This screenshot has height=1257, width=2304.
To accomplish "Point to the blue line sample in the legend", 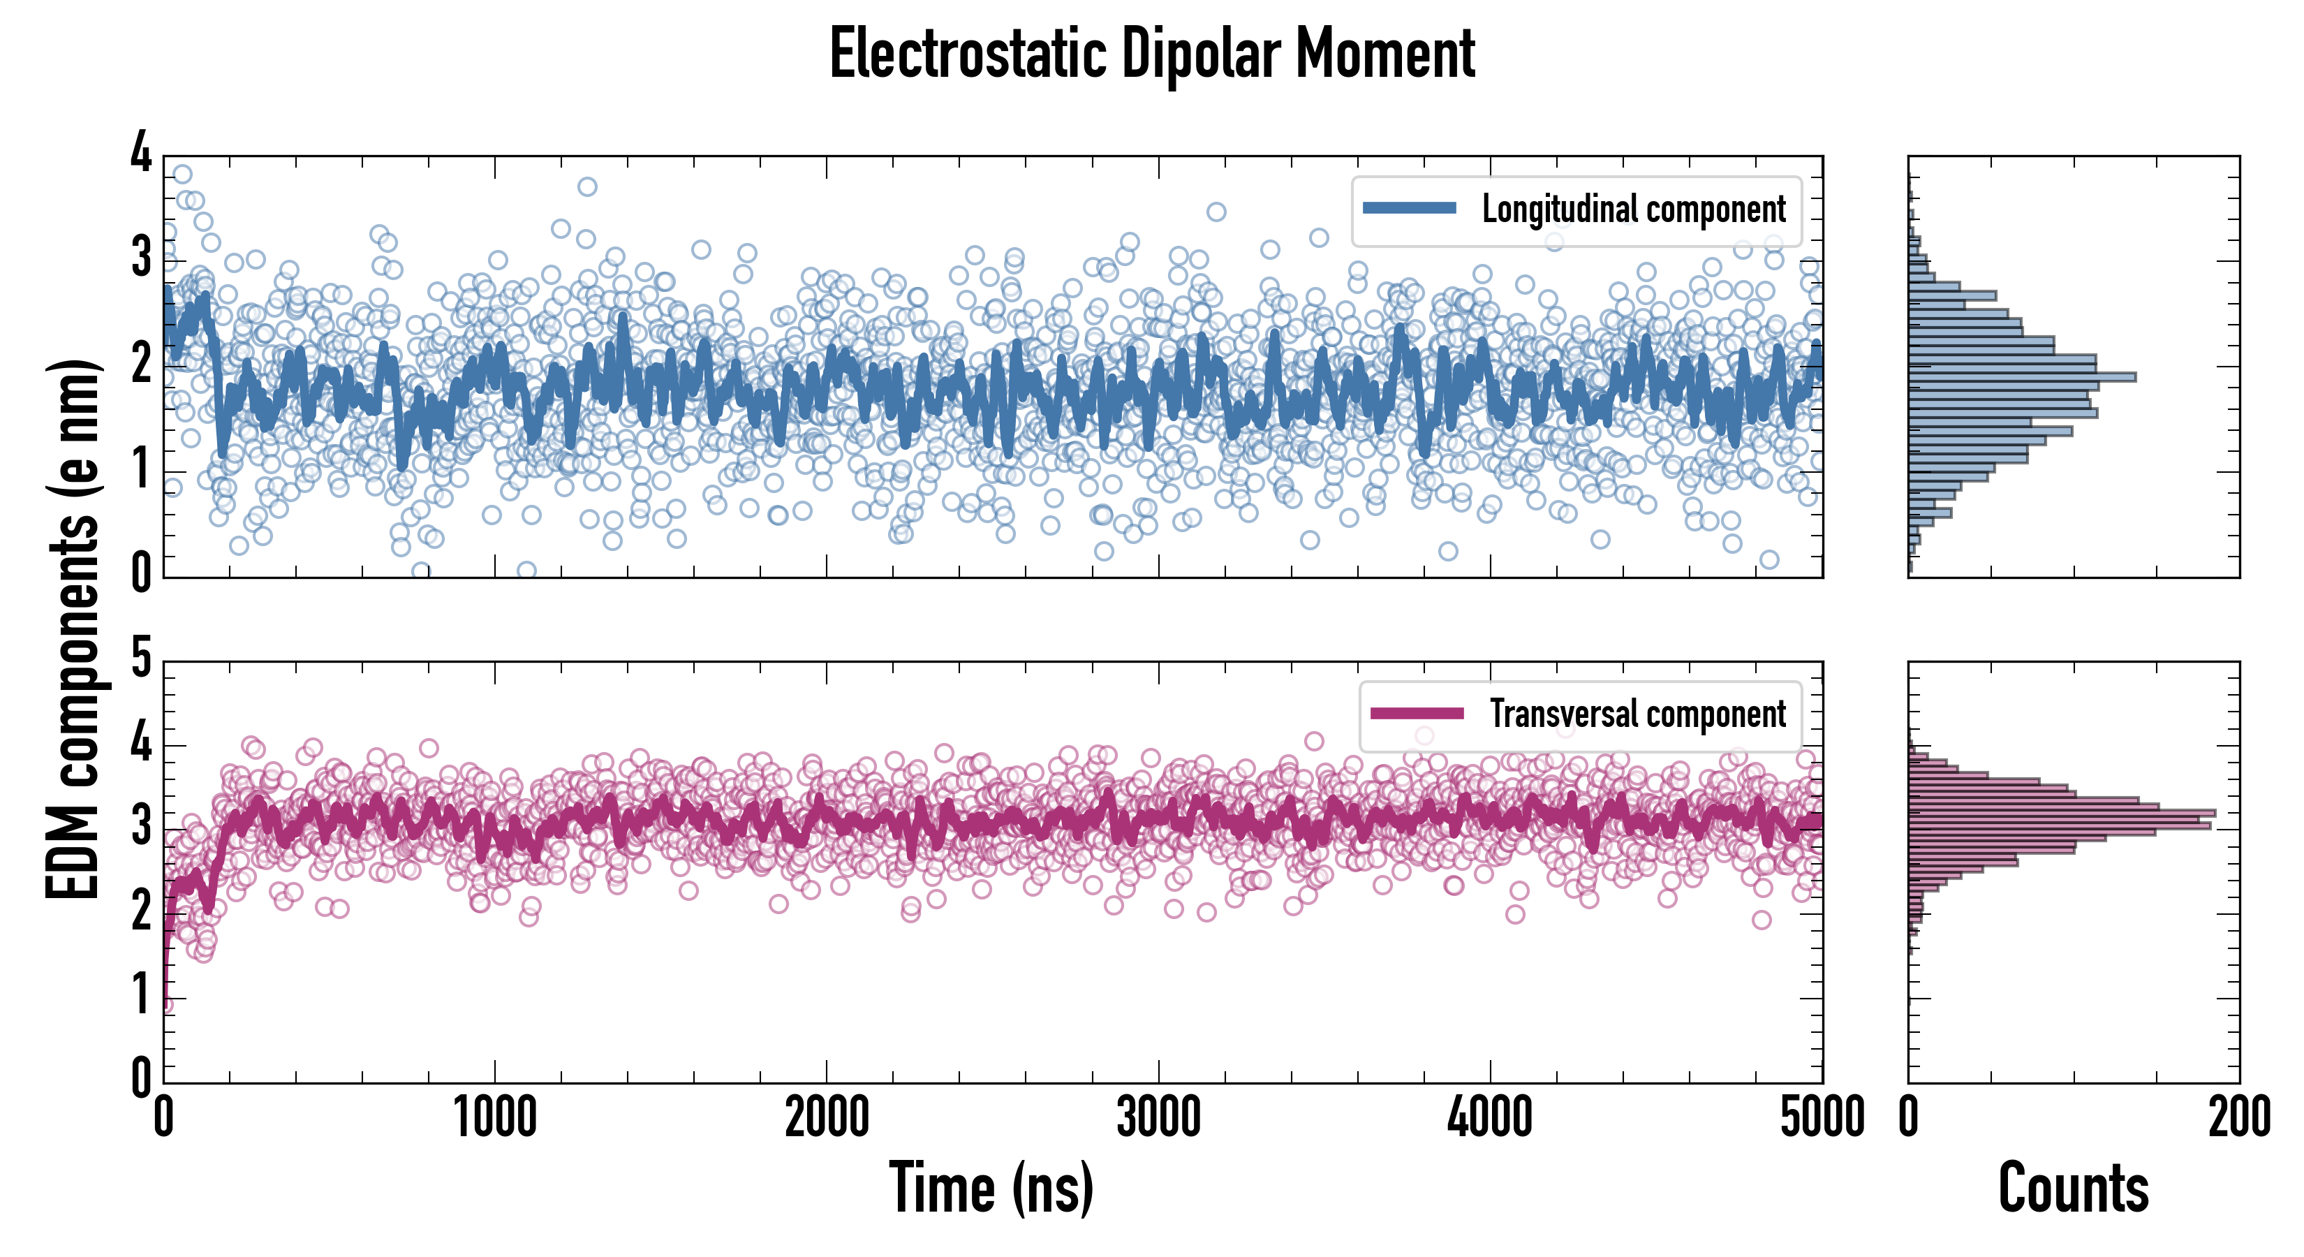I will (1409, 209).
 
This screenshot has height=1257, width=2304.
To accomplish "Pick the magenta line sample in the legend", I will (1417, 714).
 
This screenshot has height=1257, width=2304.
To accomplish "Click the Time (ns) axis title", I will (991, 1187).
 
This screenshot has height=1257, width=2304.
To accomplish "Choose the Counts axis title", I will (2073, 1187).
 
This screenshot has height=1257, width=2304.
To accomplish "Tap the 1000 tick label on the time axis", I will (494, 1118).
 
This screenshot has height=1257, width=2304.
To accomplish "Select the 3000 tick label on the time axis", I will (1158, 1118).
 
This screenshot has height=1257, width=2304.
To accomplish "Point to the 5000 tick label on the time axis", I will (1822, 1118).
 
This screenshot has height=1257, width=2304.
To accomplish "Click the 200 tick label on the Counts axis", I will (2238, 1118).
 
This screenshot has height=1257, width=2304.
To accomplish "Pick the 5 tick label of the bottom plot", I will (141, 659).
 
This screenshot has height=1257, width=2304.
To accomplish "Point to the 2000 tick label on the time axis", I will (827, 1118).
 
